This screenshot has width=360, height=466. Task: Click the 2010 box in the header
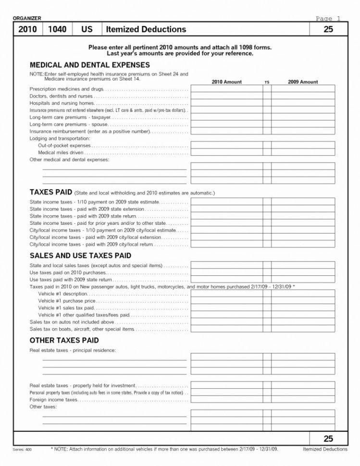coord(27,29)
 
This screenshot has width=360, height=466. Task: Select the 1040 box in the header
coord(57,29)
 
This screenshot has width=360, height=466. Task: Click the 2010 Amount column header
coord(226,82)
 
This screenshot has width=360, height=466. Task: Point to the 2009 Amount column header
coord(303,82)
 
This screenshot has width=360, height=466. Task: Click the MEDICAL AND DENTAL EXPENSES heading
coord(90,65)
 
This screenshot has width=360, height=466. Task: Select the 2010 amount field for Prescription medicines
coord(226,89)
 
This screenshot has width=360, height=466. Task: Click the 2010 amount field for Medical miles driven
coord(226,152)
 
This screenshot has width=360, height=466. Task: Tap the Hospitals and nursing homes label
coord(62,103)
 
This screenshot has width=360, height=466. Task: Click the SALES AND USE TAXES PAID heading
coord(80,256)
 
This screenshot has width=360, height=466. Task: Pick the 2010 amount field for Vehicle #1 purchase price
coord(226,300)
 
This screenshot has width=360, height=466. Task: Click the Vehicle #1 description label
coord(62,293)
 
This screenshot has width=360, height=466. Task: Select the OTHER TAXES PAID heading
coord(64,340)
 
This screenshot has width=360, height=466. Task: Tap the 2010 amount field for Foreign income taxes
coord(226,399)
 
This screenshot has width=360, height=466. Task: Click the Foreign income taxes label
coord(53,399)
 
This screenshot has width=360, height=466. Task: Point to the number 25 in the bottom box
coord(328,439)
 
